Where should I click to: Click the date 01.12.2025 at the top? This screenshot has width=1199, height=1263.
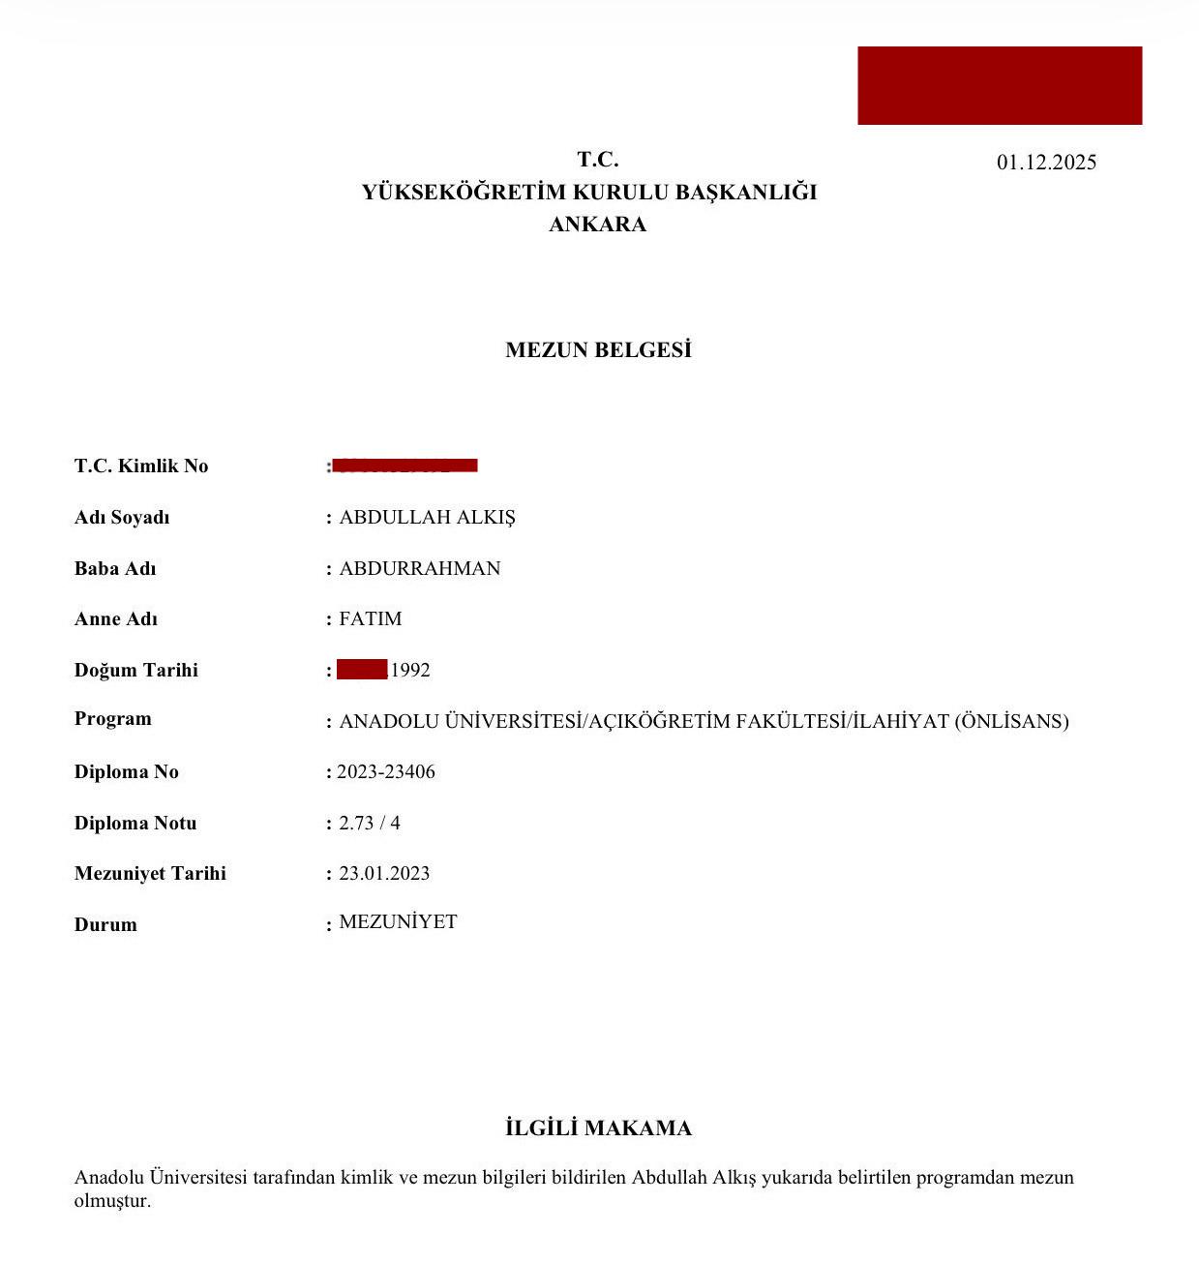1046,163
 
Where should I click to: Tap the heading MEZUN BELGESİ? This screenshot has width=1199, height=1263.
598,350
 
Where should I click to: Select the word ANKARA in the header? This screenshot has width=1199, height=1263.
597,225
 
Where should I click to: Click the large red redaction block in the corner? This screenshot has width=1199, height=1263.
1000,85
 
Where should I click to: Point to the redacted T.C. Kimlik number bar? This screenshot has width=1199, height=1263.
405,466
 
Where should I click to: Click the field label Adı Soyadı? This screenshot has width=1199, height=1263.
122,518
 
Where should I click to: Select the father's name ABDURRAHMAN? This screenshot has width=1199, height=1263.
420,569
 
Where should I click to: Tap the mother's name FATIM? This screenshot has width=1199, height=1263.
371,619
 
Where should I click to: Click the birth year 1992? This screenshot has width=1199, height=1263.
410,671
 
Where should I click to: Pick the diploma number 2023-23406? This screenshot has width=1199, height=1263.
386,772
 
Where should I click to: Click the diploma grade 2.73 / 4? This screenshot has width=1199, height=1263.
370,824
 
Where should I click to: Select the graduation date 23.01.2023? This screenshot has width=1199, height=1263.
384,874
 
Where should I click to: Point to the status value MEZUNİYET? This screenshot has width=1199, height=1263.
398,922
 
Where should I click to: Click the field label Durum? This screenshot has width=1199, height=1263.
105,925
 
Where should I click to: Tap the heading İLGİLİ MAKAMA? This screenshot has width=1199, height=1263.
598,1128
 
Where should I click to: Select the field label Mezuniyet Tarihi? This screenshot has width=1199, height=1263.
150,874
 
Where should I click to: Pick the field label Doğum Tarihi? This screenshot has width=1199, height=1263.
136,671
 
